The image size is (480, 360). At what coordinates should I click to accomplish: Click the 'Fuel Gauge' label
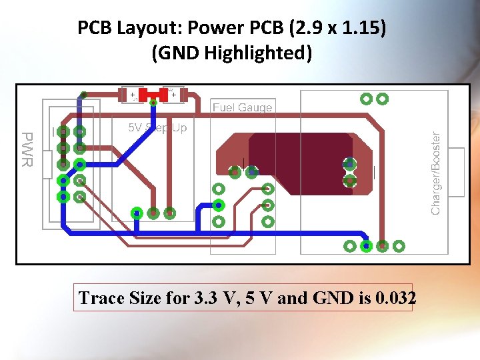(242, 107)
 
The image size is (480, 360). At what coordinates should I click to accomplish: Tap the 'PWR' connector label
(26, 149)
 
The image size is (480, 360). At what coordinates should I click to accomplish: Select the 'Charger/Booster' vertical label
(436, 172)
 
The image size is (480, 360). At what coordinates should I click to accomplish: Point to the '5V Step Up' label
(157, 127)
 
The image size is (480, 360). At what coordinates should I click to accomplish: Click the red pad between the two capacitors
(153, 95)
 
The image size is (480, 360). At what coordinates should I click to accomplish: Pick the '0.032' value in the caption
(395, 298)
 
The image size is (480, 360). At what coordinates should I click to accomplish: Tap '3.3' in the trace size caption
(212, 298)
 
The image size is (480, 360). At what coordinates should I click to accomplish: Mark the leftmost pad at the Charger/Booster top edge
(366, 99)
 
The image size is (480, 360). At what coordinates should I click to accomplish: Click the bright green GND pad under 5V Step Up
(137, 213)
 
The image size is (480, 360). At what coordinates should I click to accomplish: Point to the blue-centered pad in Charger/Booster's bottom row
(366, 246)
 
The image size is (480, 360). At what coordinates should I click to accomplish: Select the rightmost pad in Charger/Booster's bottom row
(399, 246)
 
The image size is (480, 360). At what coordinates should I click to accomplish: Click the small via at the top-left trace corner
(84, 94)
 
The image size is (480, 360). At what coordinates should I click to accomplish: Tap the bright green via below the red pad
(153, 103)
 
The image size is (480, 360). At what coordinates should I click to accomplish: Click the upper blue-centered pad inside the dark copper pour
(349, 163)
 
